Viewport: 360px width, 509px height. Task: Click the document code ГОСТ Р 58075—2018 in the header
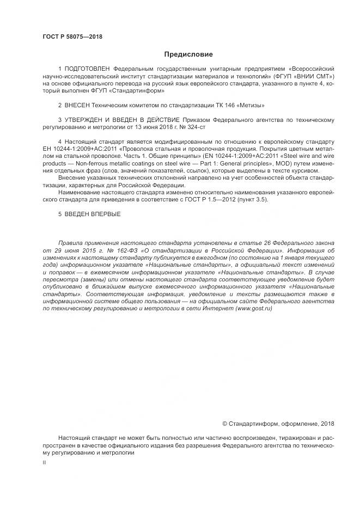click(72, 37)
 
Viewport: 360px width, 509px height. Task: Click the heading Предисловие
click(189, 54)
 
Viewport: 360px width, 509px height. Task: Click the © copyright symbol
click(225, 424)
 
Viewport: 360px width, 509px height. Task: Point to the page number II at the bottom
click(44, 462)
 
